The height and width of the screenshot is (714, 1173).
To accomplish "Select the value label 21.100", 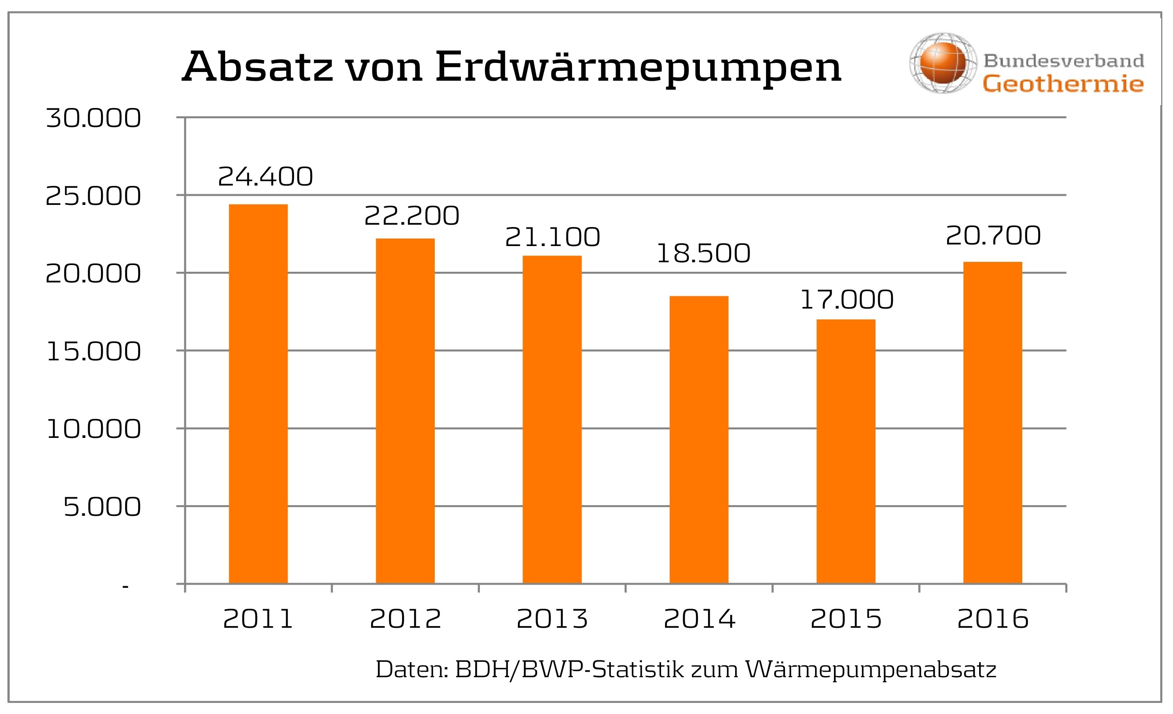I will tap(552, 237).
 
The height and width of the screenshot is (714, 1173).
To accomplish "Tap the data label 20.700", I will tap(993, 236).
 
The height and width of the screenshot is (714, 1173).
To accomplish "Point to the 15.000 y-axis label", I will tap(93, 352).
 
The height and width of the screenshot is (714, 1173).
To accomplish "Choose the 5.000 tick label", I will tap(102, 507).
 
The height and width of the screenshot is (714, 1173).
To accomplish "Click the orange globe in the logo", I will tap(943, 63).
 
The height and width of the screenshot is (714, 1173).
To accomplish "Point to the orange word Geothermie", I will tap(1063, 84).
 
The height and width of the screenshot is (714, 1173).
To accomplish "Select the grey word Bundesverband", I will tap(1063, 61).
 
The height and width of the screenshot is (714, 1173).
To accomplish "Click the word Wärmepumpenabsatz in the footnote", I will tap(871, 670).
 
